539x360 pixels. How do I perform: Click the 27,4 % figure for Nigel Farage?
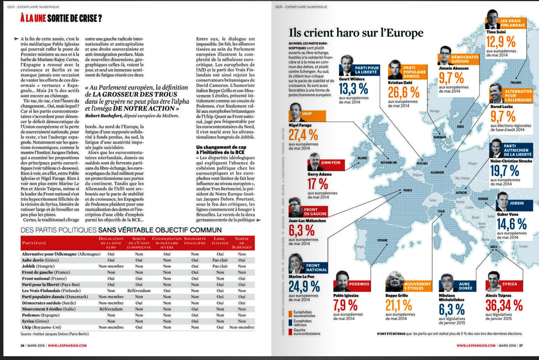tap(303, 135)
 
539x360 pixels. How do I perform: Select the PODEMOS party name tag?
tap(359, 284)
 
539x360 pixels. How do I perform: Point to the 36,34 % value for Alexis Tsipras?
tap(504, 305)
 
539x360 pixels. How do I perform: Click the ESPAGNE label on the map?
tap(382, 240)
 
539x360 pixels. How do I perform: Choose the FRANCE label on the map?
tap(408, 190)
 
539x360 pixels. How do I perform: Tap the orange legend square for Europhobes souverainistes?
tap(290, 314)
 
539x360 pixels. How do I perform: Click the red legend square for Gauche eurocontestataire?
tap(290, 332)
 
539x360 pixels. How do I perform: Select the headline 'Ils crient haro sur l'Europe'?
tap(356, 33)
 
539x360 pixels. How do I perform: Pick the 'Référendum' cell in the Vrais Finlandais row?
tap(139, 290)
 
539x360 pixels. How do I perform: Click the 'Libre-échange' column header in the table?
tap(220, 241)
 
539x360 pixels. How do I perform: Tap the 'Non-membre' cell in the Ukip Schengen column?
tap(242, 327)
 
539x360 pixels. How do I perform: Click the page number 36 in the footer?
tap(22, 345)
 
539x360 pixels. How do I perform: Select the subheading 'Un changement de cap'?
tap(221, 147)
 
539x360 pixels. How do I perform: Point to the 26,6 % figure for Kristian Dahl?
tap(403, 92)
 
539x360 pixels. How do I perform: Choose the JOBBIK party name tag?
tap(516, 203)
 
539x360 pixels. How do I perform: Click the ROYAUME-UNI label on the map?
tap(388, 162)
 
